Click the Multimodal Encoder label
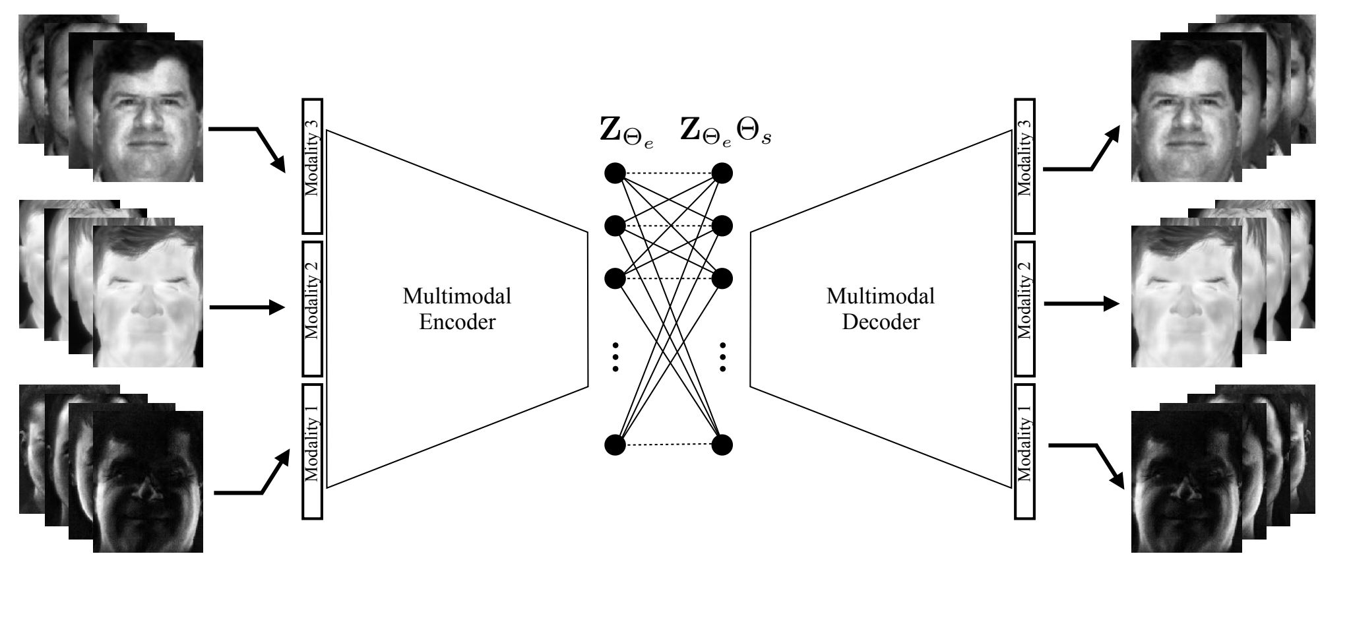click(x=457, y=309)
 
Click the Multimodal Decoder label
click(x=881, y=309)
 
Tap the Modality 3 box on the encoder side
click(x=313, y=166)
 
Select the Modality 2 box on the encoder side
click(x=313, y=309)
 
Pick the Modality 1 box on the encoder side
click(x=313, y=451)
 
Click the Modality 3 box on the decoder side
click(x=1024, y=166)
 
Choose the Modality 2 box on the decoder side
click(x=1024, y=309)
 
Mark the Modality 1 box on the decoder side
click(x=1024, y=451)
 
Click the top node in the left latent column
click(x=615, y=173)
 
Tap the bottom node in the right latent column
click(x=722, y=445)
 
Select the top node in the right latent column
click(x=722, y=173)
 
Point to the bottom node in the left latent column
click(x=615, y=445)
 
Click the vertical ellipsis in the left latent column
click(x=615, y=357)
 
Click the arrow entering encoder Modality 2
click(x=247, y=307)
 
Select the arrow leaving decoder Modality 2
click(x=1082, y=304)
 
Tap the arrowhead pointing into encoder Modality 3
click(x=278, y=166)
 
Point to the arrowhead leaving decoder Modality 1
click(x=1118, y=480)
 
